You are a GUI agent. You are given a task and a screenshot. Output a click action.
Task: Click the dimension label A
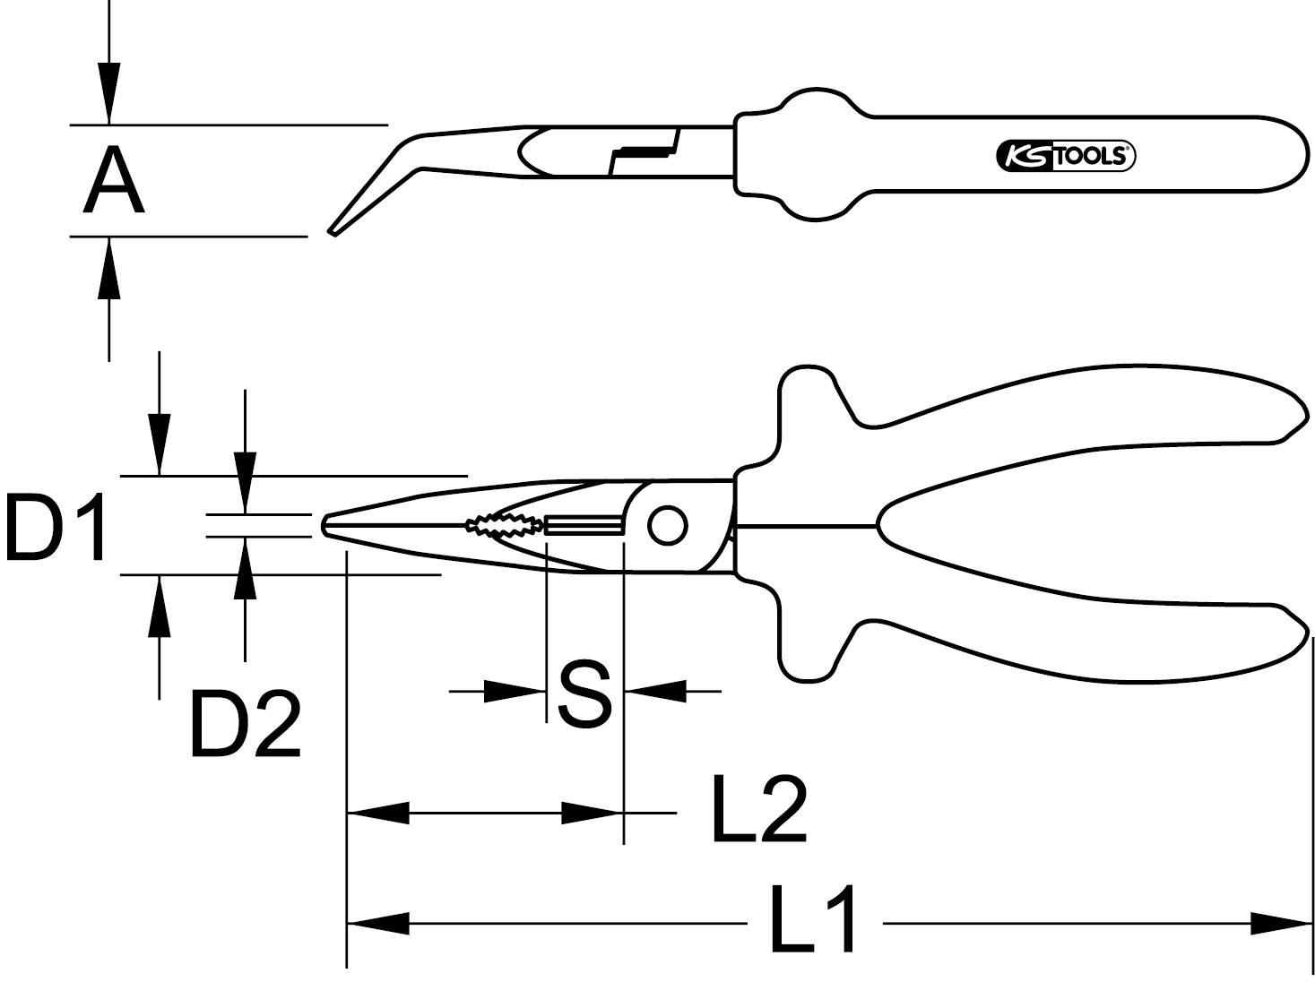pyautogui.click(x=114, y=182)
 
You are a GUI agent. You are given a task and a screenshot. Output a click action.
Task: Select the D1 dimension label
pyautogui.click(x=56, y=528)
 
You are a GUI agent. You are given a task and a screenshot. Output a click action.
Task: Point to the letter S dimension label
pyautogui.click(x=584, y=694)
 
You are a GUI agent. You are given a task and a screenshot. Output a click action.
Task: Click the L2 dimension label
pyautogui.click(x=758, y=810)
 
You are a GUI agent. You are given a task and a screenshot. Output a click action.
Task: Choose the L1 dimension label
pyautogui.click(x=812, y=920)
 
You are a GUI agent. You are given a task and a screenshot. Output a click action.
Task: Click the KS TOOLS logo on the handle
pyautogui.click(x=1065, y=156)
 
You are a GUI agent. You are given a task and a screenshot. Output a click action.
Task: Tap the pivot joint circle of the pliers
pyautogui.click(x=667, y=526)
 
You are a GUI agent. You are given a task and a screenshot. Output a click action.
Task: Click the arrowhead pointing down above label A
pyautogui.click(x=109, y=94)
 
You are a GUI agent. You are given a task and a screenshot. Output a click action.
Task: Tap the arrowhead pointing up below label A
pyautogui.click(x=109, y=267)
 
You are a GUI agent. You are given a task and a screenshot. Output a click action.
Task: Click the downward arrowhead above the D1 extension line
pyautogui.click(x=160, y=444)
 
